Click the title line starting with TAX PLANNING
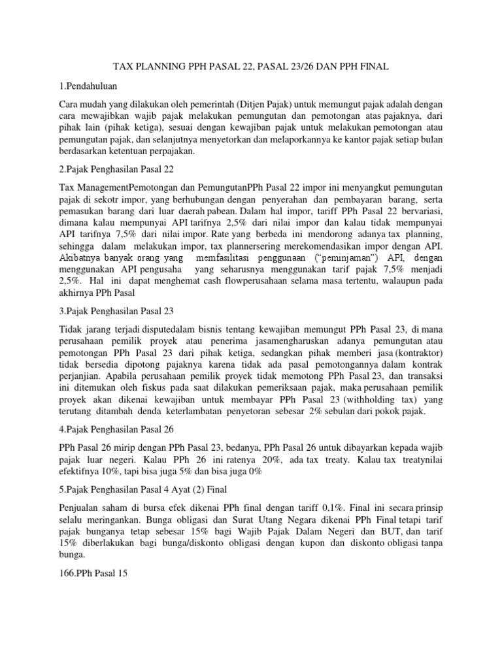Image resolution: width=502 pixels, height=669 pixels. [250, 67]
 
